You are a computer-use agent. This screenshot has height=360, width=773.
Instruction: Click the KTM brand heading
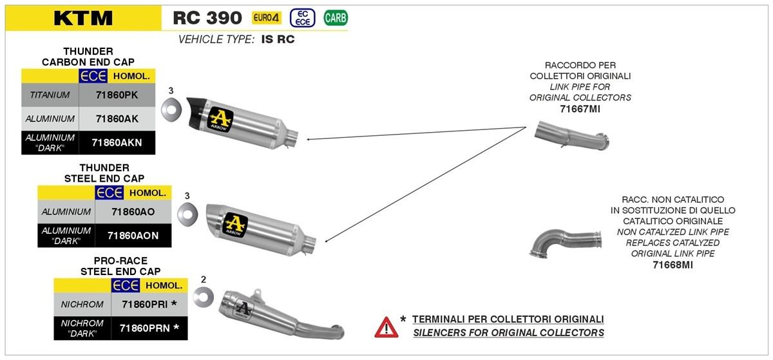(x=83, y=19)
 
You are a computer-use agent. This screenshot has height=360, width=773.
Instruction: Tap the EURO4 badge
(x=267, y=18)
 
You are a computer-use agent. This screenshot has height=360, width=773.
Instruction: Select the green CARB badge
(x=336, y=18)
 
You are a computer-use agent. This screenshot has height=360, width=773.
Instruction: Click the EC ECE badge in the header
(x=303, y=18)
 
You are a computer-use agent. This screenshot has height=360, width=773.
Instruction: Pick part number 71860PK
(x=117, y=95)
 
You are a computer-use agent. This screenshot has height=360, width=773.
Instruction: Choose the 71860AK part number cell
(x=117, y=118)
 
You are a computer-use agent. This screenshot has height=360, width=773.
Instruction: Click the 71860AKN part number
(x=117, y=142)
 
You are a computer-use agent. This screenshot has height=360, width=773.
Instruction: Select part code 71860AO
(x=133, y=211)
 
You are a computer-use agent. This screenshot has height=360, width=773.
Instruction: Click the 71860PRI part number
(x=149, y=303)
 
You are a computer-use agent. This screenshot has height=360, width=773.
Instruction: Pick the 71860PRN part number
(x=149, y=328)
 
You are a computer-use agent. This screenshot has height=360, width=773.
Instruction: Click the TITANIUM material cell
(x=50, y=95)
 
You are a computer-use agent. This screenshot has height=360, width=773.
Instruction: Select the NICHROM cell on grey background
(x=82, y=303)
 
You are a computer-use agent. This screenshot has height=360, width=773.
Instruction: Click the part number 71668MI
(x=673, y=265)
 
